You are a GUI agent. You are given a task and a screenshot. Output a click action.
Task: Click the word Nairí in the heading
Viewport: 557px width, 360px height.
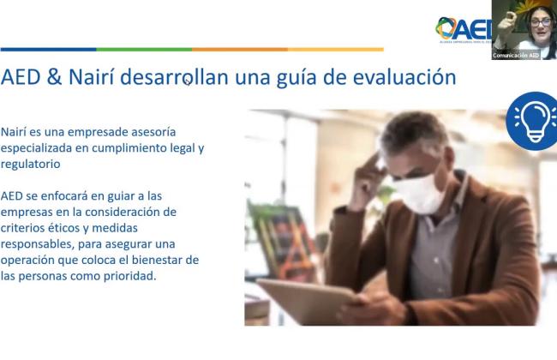pos(92,77)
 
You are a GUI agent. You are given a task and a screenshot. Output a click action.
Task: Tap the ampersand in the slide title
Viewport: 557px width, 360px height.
pos(54,77)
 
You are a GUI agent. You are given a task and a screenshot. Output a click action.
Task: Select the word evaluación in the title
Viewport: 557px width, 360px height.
pos(404,77)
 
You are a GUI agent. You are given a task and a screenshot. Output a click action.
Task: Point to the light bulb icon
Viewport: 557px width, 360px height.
pos(532,121)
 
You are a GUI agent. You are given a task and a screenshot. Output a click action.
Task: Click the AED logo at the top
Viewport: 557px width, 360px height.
pos(464,29)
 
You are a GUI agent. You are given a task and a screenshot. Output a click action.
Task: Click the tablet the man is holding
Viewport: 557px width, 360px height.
pos(308,301)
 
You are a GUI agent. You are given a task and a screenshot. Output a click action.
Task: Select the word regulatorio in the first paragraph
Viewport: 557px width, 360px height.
pos(31,165)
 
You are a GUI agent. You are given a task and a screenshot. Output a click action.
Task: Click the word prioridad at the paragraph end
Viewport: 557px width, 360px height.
pos(130,276)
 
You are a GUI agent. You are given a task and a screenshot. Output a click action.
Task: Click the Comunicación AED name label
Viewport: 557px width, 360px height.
pos(516,56)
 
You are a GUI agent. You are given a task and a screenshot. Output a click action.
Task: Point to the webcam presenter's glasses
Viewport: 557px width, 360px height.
pos(541,22)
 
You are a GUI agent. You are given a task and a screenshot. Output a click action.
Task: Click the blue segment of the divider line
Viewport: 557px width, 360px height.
pos(48,50)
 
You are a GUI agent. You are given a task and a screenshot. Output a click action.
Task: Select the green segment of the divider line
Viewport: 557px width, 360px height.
pos(144,50)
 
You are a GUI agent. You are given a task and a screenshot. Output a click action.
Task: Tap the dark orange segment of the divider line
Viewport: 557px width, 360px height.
pos(240,50)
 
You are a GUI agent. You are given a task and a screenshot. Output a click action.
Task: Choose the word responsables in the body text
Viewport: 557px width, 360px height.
pos(38,244)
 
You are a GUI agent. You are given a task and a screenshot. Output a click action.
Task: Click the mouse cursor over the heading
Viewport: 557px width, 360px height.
pos(188,82)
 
